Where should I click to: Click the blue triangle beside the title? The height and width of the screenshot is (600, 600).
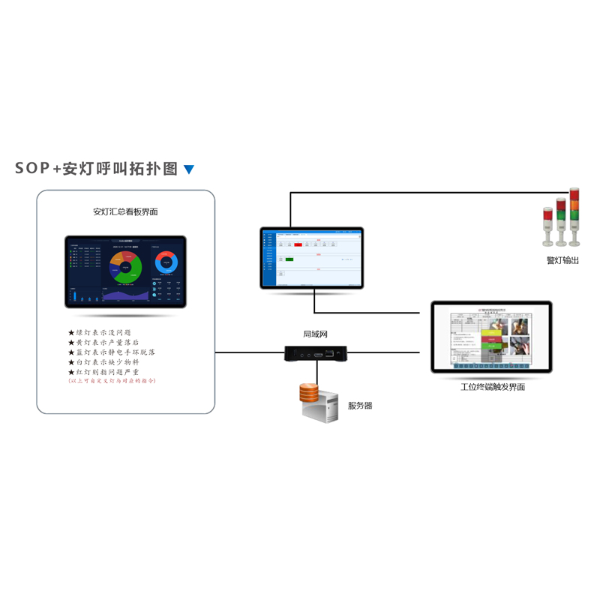point(189,169)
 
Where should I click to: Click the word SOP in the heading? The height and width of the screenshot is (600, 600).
point(32,169)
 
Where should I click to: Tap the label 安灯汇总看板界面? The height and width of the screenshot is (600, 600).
point(125,211)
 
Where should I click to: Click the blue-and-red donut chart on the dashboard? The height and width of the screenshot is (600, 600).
point(166,262)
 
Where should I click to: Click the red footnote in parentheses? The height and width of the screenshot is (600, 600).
point(112,381)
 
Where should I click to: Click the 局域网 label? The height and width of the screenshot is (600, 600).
point(315,334)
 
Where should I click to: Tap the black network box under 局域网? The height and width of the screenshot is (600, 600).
point(315,352)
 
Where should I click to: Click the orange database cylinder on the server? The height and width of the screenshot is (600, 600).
point(308,392)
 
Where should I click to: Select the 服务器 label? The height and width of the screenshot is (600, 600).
point(360,406)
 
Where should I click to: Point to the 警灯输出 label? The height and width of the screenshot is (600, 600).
point(562,260)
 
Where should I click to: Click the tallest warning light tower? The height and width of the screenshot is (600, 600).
point(574,217)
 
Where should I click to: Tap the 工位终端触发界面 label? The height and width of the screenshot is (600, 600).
point(493,387)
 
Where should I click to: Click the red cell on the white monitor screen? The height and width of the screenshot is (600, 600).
point(298,244)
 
